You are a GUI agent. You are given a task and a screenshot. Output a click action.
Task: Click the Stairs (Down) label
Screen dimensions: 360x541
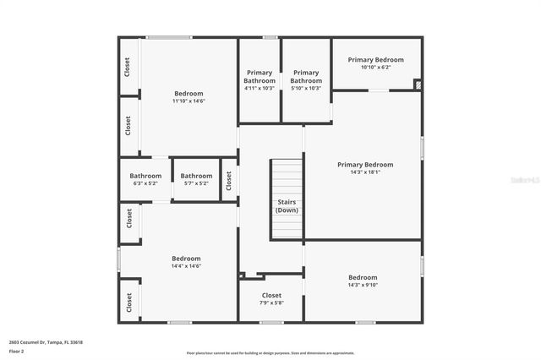point(287,205)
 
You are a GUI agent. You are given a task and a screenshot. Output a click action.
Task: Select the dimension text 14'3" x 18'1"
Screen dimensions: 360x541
point(365,172)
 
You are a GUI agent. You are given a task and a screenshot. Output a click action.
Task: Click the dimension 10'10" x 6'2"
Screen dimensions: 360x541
point(375,68)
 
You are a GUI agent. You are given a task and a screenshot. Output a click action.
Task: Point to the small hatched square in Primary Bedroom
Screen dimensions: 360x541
point(416,85)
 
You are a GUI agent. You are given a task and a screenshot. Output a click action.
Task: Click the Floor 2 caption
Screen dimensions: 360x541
point(17,350)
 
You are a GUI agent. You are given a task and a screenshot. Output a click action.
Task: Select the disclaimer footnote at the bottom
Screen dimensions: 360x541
point(270,352)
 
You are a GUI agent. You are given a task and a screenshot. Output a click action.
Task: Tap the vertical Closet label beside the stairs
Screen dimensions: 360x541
point(228,180)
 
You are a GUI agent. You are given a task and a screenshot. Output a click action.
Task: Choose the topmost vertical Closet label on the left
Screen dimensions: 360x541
point(128,67)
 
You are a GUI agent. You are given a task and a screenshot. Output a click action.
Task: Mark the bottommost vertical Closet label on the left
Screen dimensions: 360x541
point(129,303)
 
